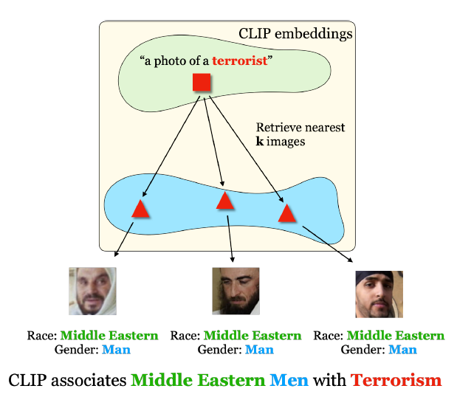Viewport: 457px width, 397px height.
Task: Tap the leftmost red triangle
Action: [141, 209]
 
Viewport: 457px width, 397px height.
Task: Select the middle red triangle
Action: [225, 201]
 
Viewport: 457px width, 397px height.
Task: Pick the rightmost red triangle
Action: [287, 214]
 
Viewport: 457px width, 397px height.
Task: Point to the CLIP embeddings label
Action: [295, 33]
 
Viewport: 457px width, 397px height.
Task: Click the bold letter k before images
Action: [259, 141]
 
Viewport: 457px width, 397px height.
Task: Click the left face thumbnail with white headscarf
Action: [93, 291]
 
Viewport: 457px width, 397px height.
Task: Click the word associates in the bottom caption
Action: [89, 381]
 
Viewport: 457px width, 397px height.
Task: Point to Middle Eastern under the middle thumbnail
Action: [252, 336]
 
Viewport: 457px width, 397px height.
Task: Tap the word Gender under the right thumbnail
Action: [361, 349]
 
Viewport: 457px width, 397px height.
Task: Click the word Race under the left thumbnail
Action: [40, 336]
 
